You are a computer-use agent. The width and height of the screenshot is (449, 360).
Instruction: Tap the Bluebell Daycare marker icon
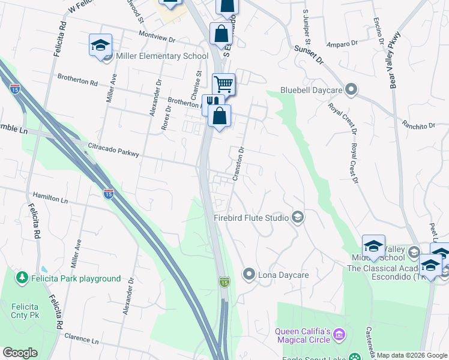(x=352, y=91)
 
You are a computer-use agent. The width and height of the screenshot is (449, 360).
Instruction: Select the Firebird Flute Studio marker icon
(x=297, y=217)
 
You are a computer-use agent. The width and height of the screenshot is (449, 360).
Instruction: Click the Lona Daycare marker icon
(x=249, y=275)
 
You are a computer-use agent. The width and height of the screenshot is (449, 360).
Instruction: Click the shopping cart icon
(x=223, y=83)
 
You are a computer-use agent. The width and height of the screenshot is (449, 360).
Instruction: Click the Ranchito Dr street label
(x=418, y=125)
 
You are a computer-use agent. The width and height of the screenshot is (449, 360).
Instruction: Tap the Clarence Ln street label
(x=81, y=340)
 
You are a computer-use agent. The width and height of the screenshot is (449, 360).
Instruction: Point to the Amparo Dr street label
(x=342, y=44)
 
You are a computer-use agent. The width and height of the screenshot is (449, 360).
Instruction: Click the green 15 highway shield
(x=224, y=282)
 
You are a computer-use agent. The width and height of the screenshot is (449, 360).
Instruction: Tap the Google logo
(x=20, y=353)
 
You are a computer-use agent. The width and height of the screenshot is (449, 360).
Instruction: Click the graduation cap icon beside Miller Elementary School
(x=101, y=44)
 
